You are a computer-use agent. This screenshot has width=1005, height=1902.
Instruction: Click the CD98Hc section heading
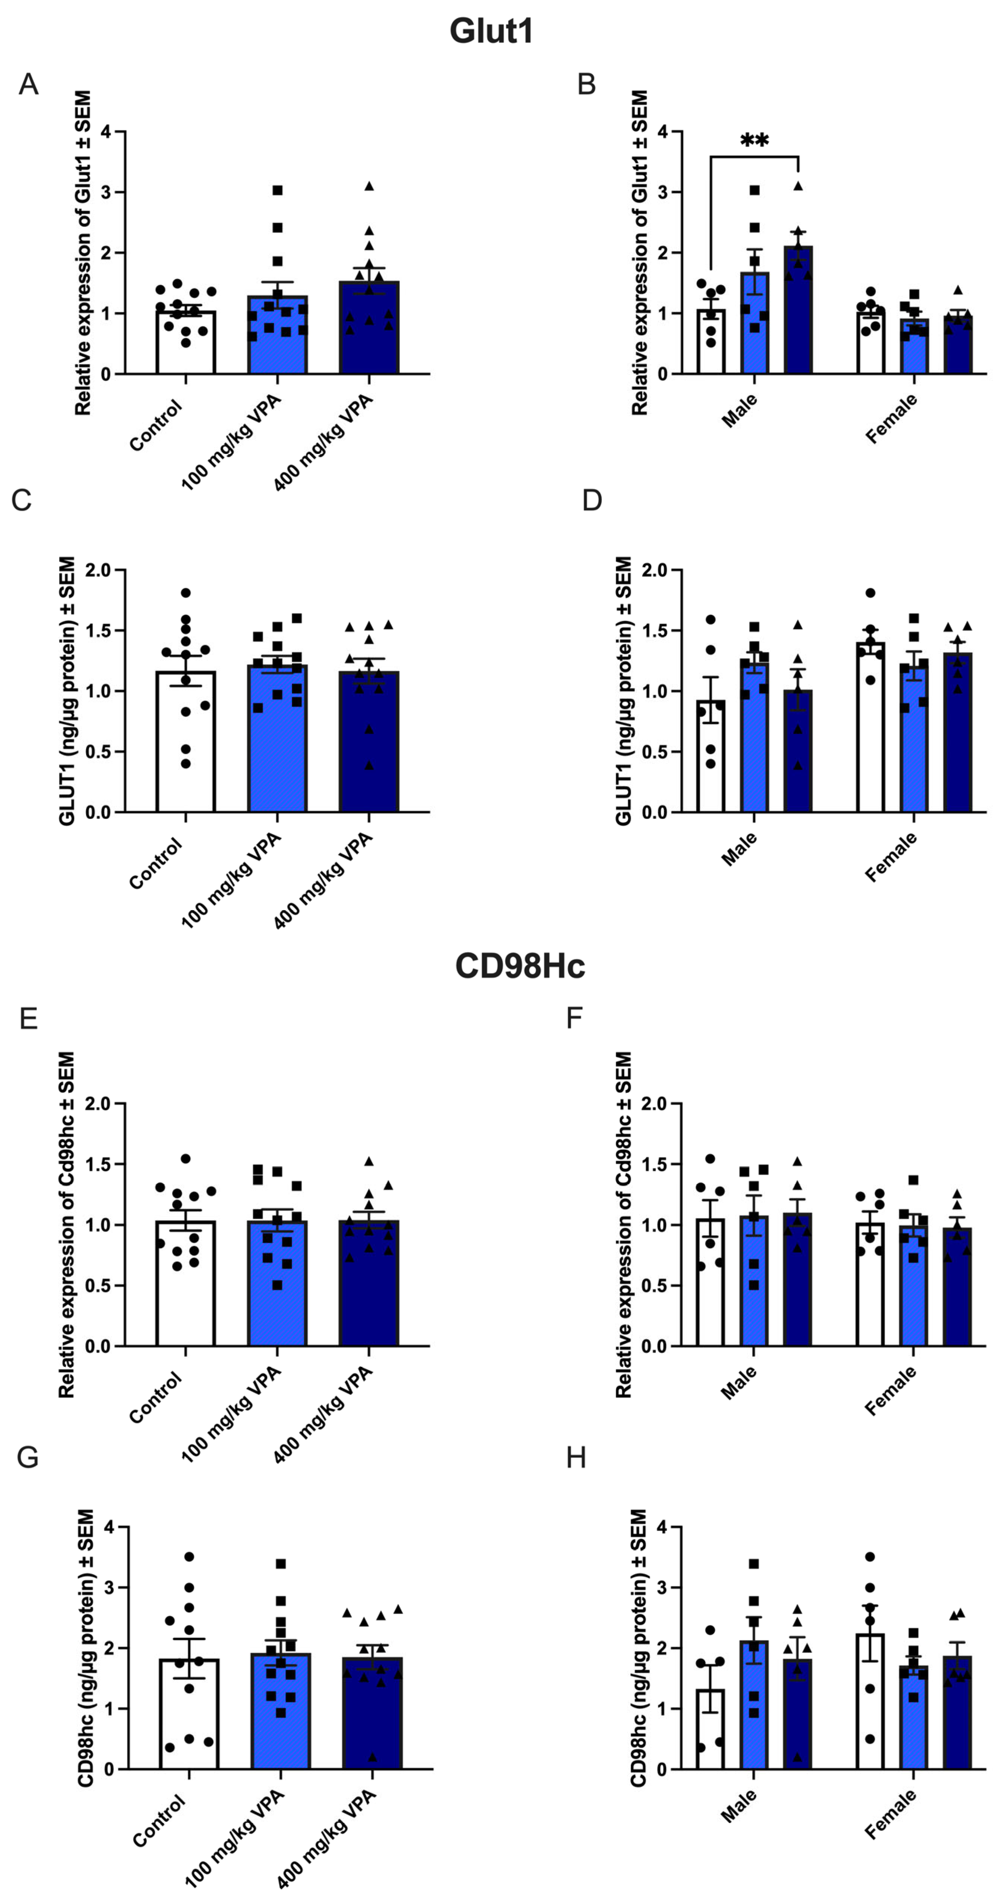tap(520, 966)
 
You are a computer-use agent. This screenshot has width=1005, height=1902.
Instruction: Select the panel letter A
tap(28, 85)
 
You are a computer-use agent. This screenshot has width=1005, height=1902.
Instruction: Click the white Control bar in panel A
tap(186, 343)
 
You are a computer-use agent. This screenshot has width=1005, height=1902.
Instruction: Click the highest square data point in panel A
tap(278, 190)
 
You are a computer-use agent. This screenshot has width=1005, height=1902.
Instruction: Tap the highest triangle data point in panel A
tap(369, 186)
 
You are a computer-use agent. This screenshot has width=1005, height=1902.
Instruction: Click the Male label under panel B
tap(740, 411)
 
